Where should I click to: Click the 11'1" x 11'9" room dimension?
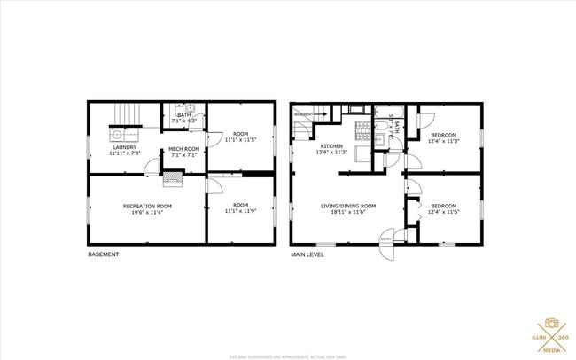239,211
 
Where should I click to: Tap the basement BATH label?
183,114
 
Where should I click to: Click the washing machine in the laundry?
117,136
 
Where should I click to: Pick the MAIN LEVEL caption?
307,254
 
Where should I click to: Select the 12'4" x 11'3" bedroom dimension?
444,140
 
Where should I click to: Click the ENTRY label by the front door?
386,239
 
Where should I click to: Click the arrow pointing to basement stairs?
323,114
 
